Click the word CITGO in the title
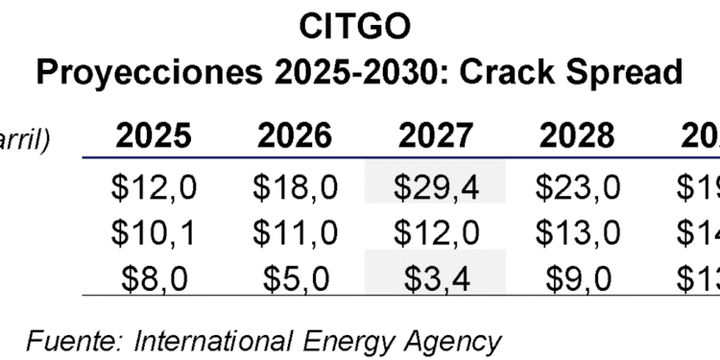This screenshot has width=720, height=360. point(360,26)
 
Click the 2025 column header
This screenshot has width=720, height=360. point(155,136)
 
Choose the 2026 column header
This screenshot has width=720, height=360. point(295,136)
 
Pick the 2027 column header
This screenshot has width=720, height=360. point(436,136)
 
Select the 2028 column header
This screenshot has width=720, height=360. point(576,136)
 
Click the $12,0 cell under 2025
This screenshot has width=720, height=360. point(155,187)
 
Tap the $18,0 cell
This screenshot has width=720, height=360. point(295,187)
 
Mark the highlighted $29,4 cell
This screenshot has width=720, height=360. point(436,187)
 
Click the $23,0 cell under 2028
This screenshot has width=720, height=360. point(576,187)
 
